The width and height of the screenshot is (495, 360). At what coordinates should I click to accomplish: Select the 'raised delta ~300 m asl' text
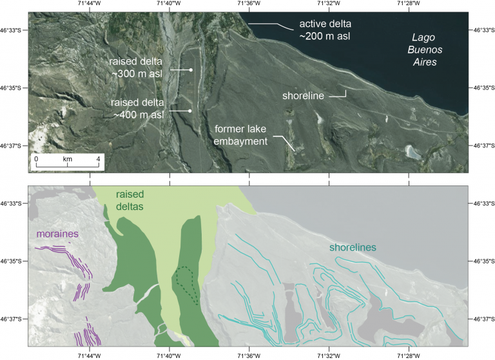click(x=136, y=68)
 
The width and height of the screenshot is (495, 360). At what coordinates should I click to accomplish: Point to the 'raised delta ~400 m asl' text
click(x=136, y=108)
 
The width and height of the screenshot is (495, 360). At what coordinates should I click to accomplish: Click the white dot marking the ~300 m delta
click(x=191, y=70)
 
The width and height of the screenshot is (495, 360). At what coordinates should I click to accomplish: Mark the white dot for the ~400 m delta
click(x=190, y=111)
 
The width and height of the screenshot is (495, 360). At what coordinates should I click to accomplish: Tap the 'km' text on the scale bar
click(x=68, y=158)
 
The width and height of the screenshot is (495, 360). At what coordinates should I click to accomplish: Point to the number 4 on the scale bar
click(x=98, y=158)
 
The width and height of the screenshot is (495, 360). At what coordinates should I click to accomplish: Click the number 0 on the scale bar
click(x=36, y=158)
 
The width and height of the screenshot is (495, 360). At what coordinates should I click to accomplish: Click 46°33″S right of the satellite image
click(x=482, y=30)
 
